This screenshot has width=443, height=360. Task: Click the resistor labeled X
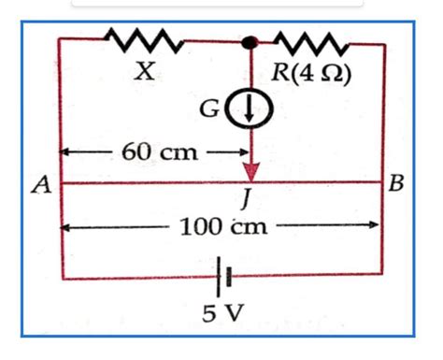click(x=142, y=40)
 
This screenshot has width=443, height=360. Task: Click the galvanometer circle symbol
click(x=250, y=110)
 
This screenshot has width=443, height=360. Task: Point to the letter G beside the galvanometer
click(x=222, y=110)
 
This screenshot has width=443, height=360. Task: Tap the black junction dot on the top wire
click(x=250, y=43)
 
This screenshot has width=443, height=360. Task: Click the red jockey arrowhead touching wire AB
click(x=250, y=174)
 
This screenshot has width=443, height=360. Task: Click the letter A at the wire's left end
click(x=40, y=185)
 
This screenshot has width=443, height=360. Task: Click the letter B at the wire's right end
click(x=396, y=184)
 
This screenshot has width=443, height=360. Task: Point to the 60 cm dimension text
click(x=154, y=151)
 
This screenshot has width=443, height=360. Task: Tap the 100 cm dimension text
click(x=218, y=225)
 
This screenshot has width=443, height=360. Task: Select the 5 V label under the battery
click(x=222, y=312)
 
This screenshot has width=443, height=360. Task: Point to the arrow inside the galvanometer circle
click(x=250, y=111)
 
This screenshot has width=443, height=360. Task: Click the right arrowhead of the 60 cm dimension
click(x=239, y=151)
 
